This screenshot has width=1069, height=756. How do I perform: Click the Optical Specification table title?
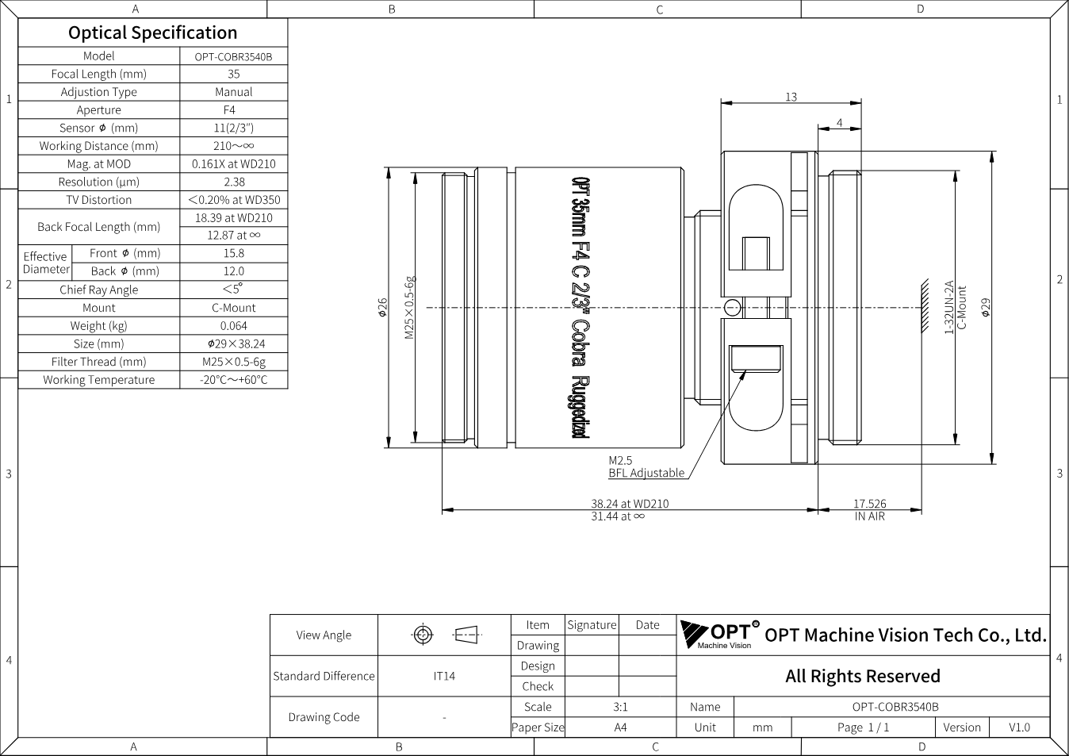click(x=153, y=33)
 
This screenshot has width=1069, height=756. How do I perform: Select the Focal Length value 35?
click(x=233, y=74)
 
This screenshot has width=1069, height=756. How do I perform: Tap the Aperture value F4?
click(x=229, y=110)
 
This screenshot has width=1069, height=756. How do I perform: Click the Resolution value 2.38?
click(x=234, y=182)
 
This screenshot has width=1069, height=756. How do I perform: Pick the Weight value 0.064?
click(x=233, y=326)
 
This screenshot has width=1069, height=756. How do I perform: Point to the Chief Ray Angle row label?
click(x=99, y=290)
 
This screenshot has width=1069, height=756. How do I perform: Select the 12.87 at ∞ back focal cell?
click(x=233, y=236)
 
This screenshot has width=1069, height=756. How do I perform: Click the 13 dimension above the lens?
click(x=791, y=97)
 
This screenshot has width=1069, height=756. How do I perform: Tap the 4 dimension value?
click(x=840, y=123)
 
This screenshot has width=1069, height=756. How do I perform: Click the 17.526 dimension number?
click(x=869, y=504)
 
